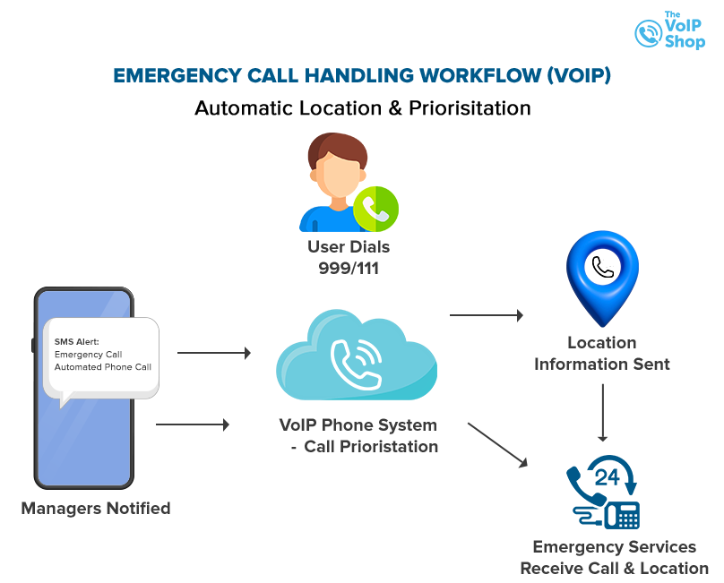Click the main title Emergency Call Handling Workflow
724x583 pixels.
pyautogui.click(x=362, y=75)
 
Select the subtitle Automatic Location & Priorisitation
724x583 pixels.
pyautogui.click(x=362, y=108)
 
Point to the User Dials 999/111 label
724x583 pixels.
pyautogui.click(x=349, y=257)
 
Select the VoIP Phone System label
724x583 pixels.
pyautogui.click(x=358, y=434)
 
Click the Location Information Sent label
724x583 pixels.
pyautogui.click(x=601, y=353)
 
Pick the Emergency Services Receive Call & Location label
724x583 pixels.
pyautogui.click(x=614, y=557)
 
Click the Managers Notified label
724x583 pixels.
pyautogui.click(x=96, y=508)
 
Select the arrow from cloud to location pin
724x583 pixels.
pyautogui.click(x=486, y=315)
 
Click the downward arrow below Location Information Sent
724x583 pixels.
pyautogui.click(x=602, y=413)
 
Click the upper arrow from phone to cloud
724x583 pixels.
pyautogui.click(x=214, y=353)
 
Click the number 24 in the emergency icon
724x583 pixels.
pyautogui.click(x=607, y=476)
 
